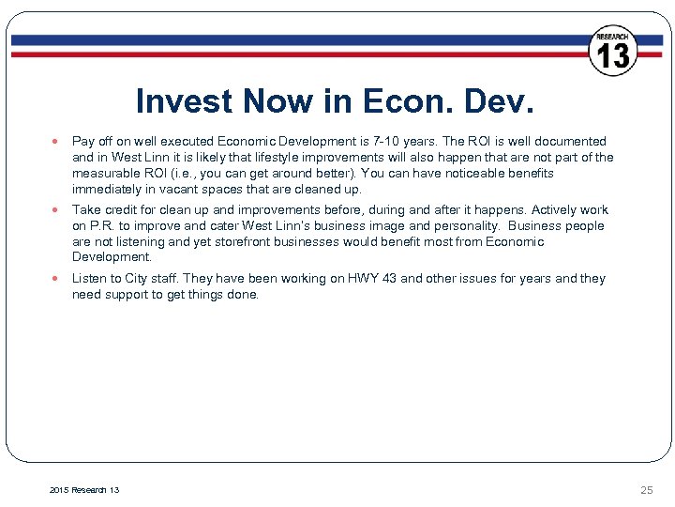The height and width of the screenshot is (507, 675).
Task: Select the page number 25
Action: (646, 490)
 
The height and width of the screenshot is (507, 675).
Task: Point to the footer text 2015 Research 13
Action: (83, 490)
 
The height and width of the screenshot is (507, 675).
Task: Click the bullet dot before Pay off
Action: (57, 142)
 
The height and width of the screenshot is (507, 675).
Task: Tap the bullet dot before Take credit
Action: (57, 210)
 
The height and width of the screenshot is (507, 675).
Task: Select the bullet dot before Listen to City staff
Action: (57, 279)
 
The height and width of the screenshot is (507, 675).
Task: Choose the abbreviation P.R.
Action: (104, 225)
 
